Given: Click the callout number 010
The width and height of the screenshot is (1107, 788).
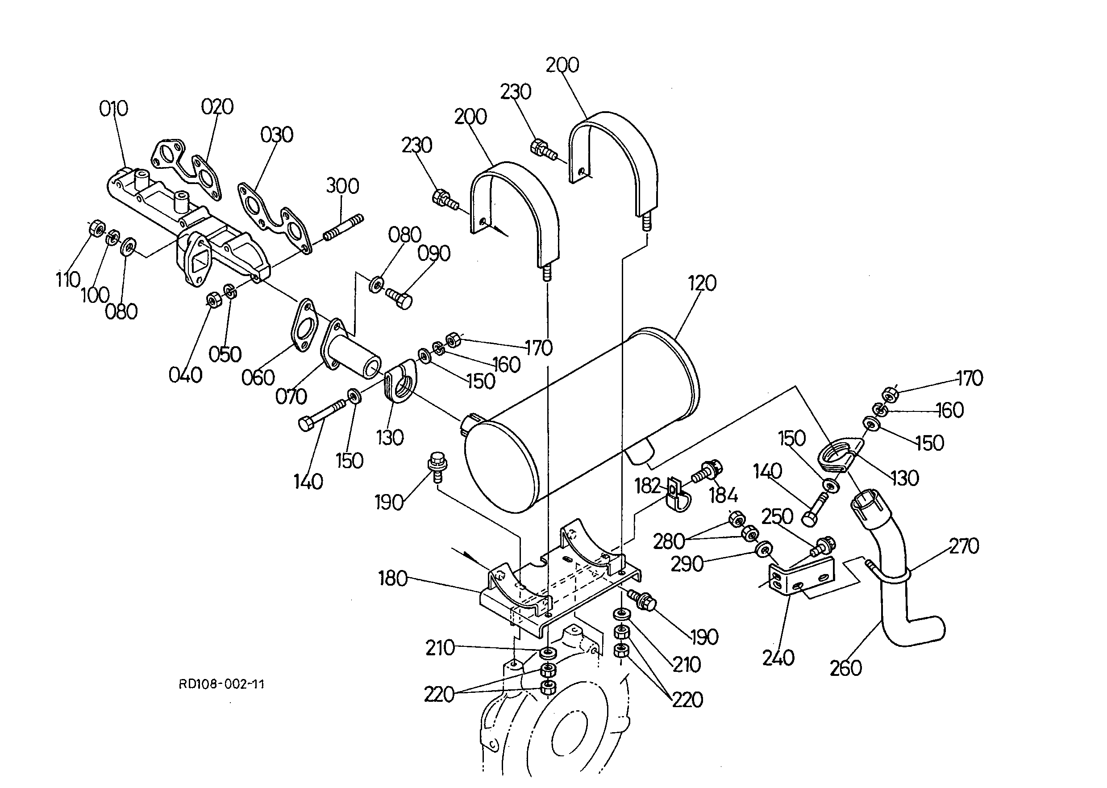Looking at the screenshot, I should pos(113,109).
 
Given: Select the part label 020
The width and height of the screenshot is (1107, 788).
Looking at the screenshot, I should pos(217,107).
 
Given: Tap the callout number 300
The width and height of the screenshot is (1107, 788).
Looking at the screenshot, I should pos(342,186).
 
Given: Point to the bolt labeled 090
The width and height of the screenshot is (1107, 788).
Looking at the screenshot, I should pos(400,297).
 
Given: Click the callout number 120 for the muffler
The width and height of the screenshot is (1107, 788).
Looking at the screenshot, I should pos(702,283).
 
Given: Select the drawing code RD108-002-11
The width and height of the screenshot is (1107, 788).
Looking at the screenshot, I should pos(221,684).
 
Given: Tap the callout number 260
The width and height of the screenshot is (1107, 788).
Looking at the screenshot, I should pos(845,669).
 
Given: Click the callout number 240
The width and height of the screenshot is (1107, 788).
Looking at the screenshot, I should pos(778,658).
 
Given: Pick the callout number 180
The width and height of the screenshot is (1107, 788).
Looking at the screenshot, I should pos(393,579).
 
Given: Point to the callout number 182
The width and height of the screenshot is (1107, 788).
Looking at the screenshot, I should pos(648,486).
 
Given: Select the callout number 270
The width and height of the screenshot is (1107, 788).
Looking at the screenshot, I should pos(964,546).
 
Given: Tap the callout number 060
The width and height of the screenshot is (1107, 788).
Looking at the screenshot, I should pos(258,377).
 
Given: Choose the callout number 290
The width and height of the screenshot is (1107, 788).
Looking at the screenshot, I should pos(687,564).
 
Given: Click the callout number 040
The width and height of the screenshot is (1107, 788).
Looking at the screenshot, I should pos(185,375).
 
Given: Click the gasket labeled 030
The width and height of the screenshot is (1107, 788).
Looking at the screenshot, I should pos(271,218).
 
